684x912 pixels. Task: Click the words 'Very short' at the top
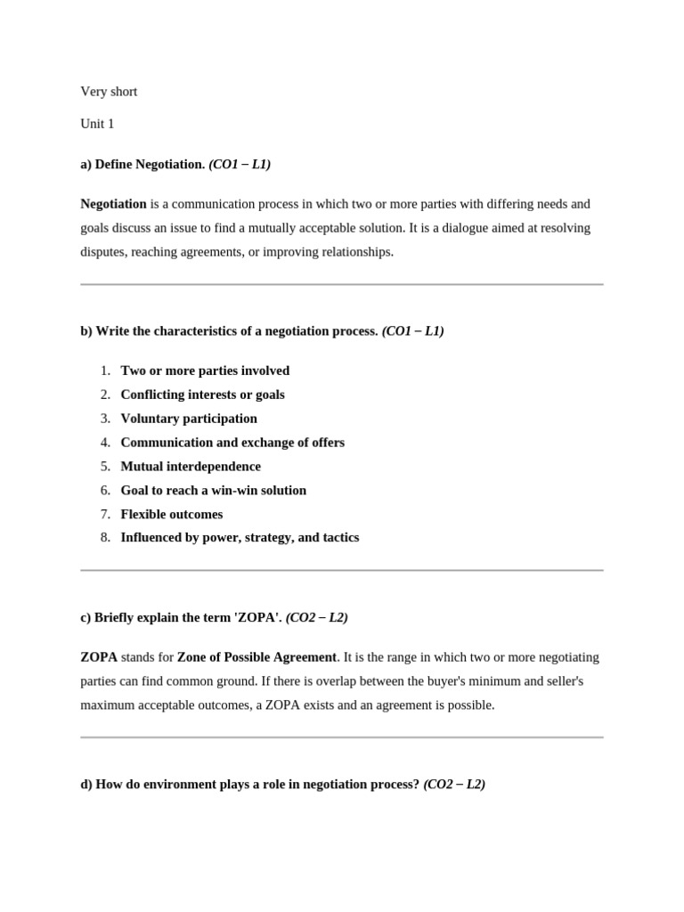pos(109,92)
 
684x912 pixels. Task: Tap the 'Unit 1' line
pos(97,124)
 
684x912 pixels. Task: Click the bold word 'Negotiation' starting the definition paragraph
pos(113,204)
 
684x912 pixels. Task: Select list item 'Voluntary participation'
pos(189,419)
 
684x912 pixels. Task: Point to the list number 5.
pos(105,467)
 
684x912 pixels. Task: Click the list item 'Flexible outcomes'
pos(172,514)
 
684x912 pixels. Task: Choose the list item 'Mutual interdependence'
pos(191,467)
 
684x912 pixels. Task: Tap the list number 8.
pos(105,538)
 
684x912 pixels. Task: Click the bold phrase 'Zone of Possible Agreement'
pos(256,657)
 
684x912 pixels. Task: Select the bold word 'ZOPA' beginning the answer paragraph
pos(99,657)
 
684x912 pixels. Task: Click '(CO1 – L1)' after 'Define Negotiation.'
pos(240,165)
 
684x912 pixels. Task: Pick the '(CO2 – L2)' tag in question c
pos(317,617)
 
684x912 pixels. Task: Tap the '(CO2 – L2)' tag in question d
pos(454,785)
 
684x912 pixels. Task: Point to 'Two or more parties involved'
pos(205,370)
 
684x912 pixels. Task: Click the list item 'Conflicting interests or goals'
pos(203,395)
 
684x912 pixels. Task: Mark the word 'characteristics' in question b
pos(192,331)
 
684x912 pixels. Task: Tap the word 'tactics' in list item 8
pos(339,538)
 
